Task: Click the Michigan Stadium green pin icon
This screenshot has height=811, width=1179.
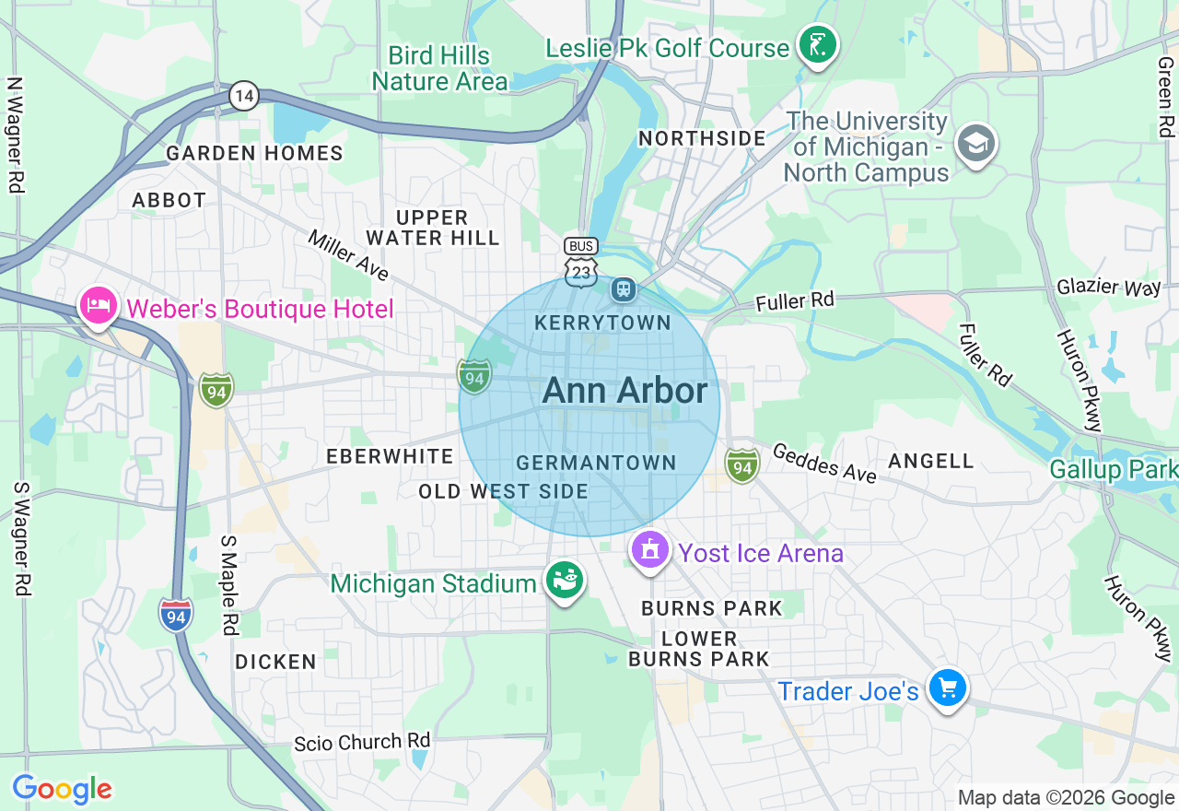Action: [565, 580]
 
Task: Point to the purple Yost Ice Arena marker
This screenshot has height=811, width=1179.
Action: [650, 550]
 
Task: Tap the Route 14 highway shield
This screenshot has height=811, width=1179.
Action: [244, 95]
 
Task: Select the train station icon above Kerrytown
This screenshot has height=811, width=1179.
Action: [624, 289]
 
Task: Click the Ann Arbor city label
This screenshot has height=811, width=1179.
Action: [625, 391]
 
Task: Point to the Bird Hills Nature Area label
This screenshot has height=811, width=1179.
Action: [439, 69]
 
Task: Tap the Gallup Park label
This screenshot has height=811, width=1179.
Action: [1113, 470]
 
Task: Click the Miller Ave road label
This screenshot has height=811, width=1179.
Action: [348, 255]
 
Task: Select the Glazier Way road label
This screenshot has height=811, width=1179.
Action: [1109, 287]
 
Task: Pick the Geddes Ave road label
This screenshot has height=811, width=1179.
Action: [824, 463]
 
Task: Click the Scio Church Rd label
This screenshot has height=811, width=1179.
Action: [362, 743]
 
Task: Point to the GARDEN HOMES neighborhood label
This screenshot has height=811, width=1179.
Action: [254, 154]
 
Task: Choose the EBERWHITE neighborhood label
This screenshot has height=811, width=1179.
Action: [390, 456]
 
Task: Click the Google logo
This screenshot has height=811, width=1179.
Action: [62, 789]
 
